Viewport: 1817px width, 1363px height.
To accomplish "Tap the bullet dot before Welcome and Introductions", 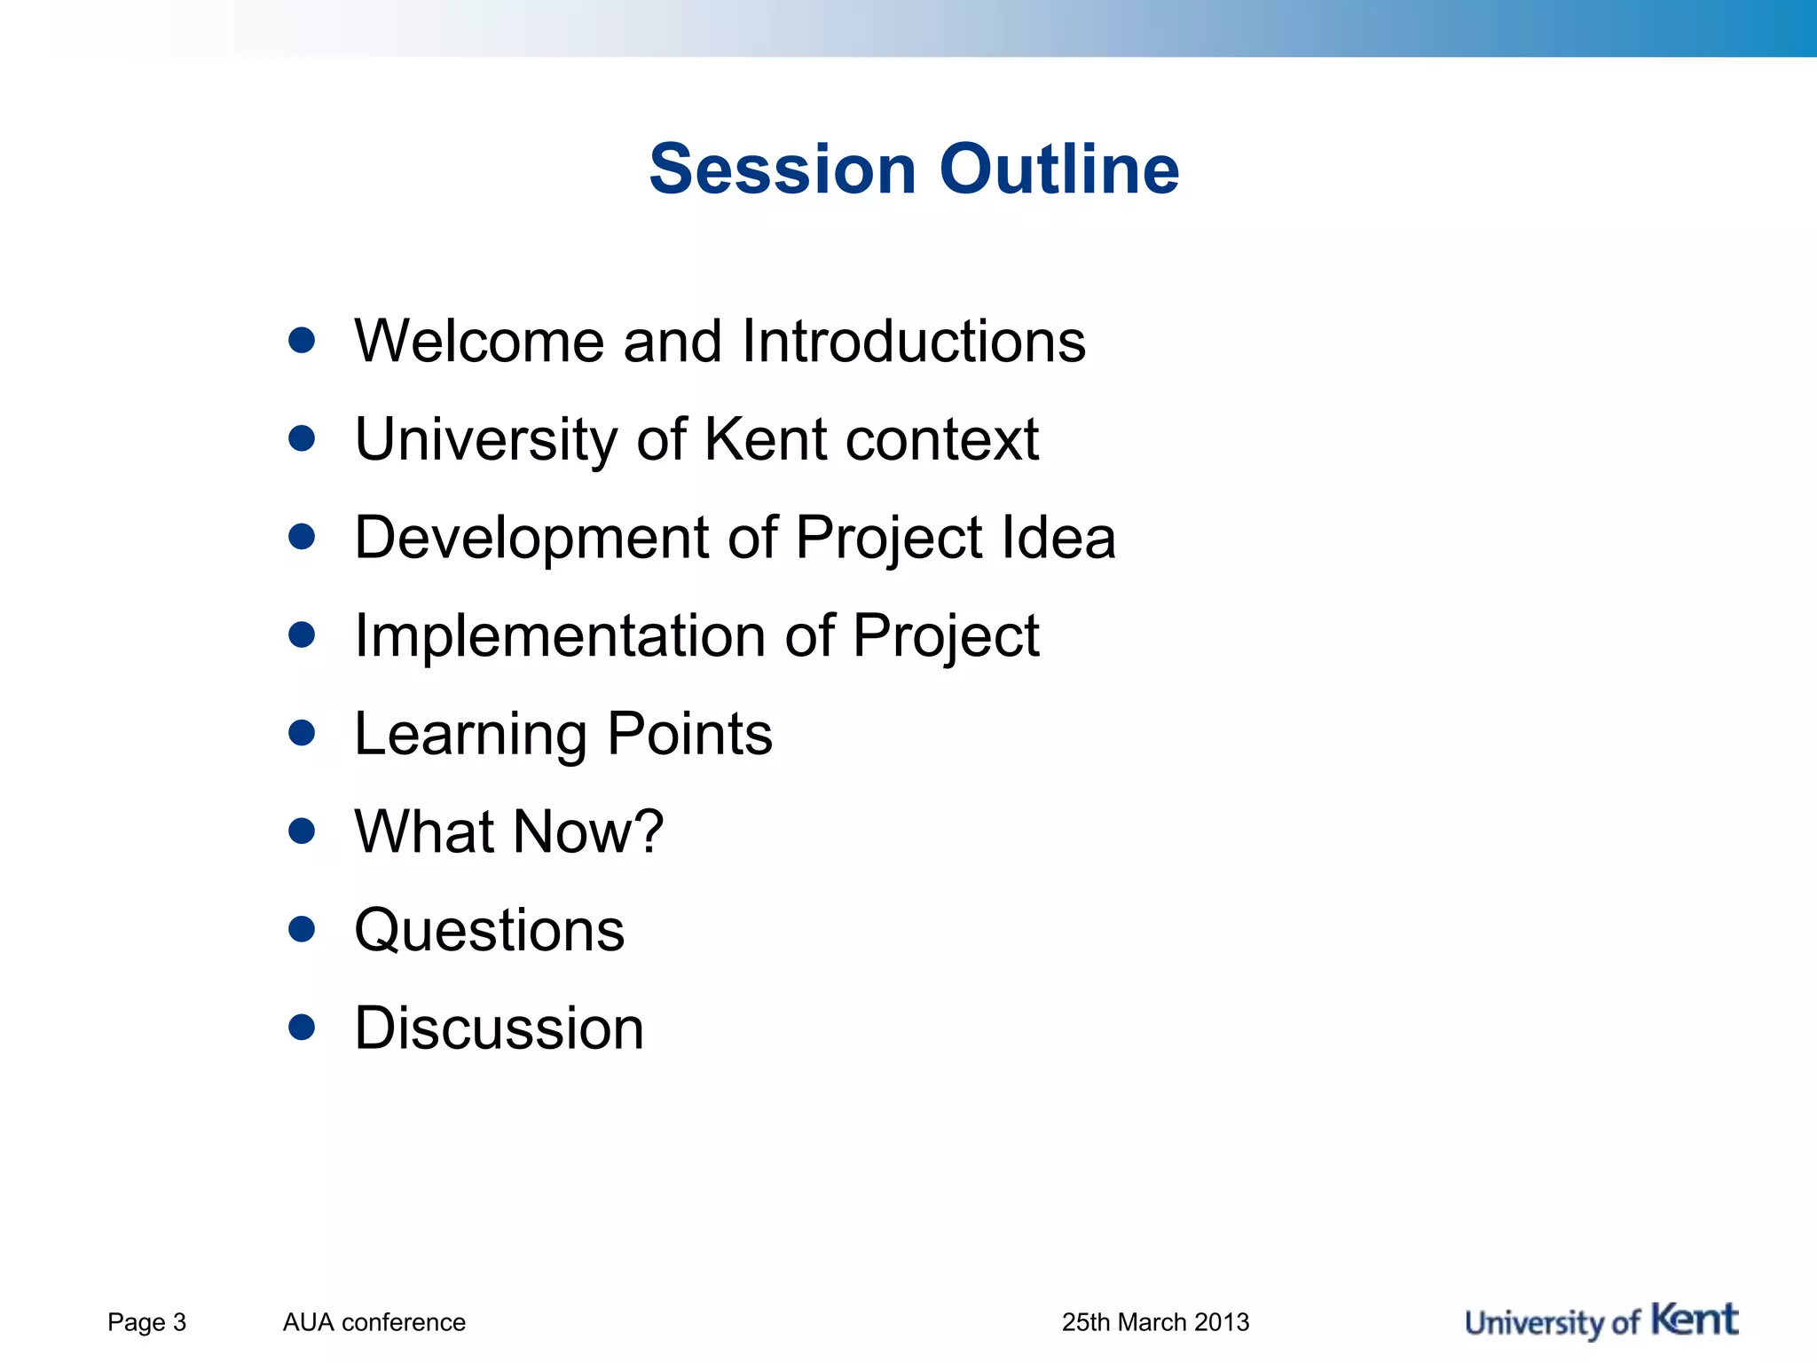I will tap(302, 341).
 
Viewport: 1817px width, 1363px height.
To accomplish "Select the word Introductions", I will tap(913, 341).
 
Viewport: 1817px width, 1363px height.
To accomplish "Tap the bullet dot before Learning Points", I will tap(302, 733).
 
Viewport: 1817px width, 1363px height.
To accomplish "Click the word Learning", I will tap(470, 735).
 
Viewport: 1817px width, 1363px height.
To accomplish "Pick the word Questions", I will tap(490, 930).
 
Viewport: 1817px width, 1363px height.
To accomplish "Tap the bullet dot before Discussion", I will tap(302, 1028).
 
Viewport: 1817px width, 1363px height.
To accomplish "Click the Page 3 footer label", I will tap(146, 1322).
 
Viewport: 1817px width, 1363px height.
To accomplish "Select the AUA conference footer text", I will tap(374, 1322).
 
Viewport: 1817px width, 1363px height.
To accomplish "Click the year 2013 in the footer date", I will tap(1221, 1322).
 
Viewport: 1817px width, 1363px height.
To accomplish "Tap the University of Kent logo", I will tap(1601, 1321).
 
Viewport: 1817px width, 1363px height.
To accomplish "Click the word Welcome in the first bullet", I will tap(479, 341).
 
